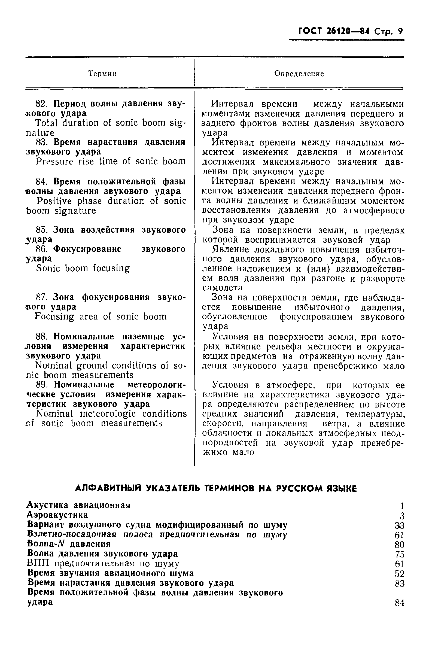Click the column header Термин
click(x=102, y=74)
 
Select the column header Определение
click(x=299, y=74)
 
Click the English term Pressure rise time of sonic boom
click(x=111, y=161)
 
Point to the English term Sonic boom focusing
click(x=83, y=268)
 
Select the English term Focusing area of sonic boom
click(x=101, y=317)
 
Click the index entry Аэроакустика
click(x=58, y=515)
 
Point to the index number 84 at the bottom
click(x=399, y=603)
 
